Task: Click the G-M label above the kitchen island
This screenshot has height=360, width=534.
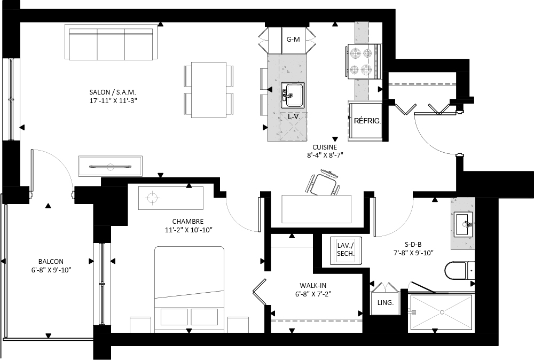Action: [293, 39]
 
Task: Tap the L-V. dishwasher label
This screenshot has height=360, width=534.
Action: [294, 116]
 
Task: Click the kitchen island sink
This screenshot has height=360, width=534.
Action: [292, 95]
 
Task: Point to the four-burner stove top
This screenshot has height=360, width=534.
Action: [363, 61]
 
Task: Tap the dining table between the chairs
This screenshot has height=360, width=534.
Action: [209, 90]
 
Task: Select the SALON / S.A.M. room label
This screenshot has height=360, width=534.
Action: [113, 92]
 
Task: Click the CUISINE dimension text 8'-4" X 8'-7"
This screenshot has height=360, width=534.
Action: [325, 155]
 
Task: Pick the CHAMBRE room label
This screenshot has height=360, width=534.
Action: [187, 221]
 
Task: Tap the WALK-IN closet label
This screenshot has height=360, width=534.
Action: [313, 285]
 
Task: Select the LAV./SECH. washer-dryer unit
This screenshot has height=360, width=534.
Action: [346, 251]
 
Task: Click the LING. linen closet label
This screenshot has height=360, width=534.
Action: [385, 302]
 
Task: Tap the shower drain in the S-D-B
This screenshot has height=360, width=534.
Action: [442, 312]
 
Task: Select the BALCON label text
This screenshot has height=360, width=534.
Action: [51, 262]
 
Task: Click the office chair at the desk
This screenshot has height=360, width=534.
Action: [323, 184]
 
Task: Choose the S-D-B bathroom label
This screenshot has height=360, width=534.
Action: [413, 244]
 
